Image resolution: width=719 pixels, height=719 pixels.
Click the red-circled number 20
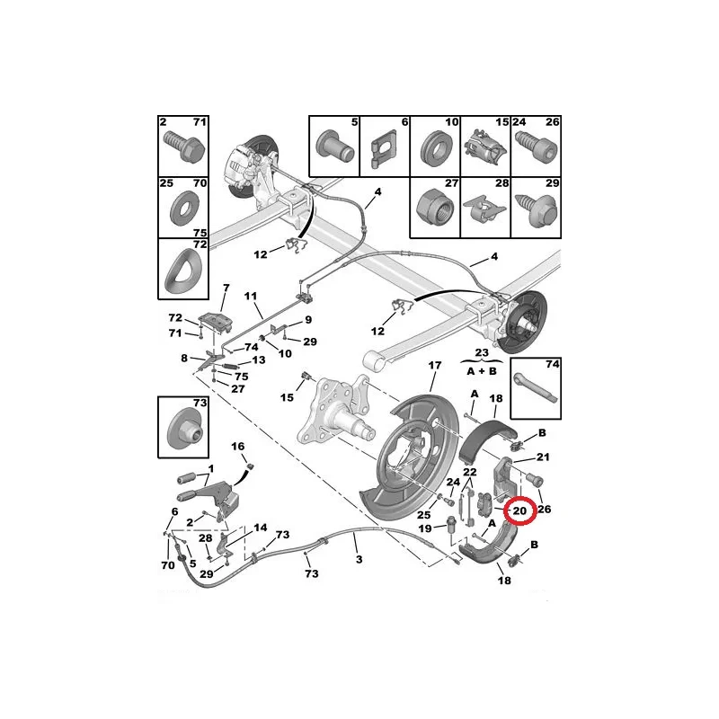click(x=519, y=510)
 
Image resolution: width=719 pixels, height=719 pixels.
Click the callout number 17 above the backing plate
click(x=435, y=366)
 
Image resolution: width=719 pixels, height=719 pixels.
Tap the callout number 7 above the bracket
click(x=226, y=288)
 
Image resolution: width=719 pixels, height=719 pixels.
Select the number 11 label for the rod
click(x=251, y=297)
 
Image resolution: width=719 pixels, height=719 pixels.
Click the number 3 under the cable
click(x=359, y=559)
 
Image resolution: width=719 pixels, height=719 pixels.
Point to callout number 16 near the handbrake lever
click(x=238, y=446)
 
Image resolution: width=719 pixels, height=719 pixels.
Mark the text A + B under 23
click(x=482, y=371)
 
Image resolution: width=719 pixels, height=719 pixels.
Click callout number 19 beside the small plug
click(x=425, y=528)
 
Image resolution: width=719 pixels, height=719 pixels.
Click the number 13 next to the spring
click(x=259, y=360)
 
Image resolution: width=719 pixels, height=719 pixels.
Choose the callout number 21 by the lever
click(x=543, y=457)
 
